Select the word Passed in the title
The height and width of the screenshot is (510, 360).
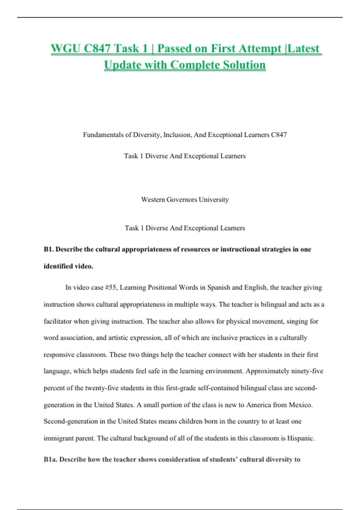(x=174, y=48)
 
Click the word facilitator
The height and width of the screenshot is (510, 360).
(x=58, y=321)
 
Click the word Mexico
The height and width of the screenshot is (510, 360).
(x=301, y=405)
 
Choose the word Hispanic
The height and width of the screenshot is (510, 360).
(x=301, y=438)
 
